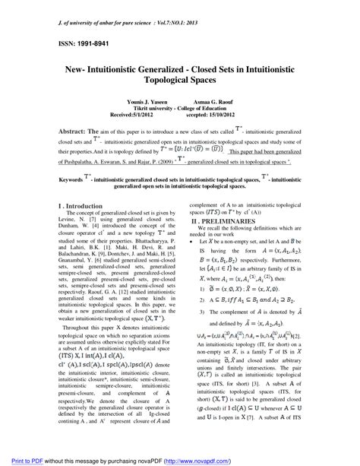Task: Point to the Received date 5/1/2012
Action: [153, 137]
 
